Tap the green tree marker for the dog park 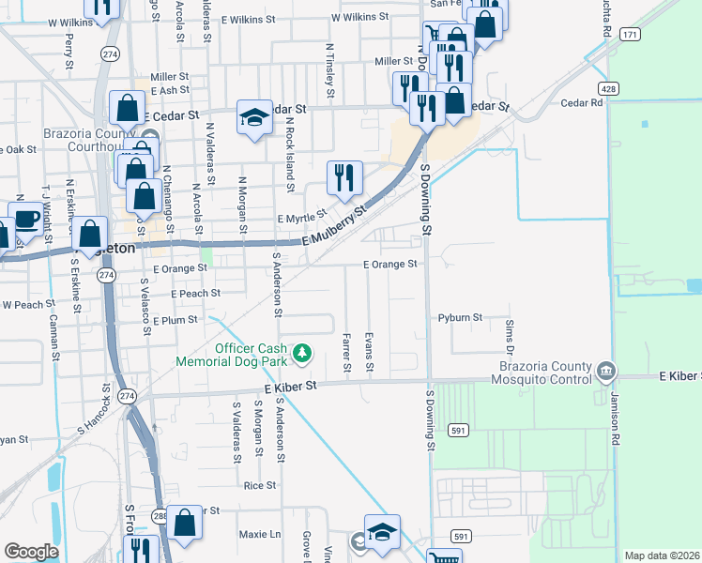pyautogui.click(x=302, y=353)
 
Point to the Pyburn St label pyautogui.click(x=460, y=318)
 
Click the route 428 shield pyautogui.click(x=609, y=88)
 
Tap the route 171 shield pyautogui.click(x=630, y=34)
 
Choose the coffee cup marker pyautogui.click(x=26, y=221)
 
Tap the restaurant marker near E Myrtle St pyautogui.click(x=344, y=176)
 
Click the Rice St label pyautogui.click(x=260, y=485)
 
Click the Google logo pyautogui.click(x=31, y=552)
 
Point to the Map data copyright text pyautogui.click(x=662, y=555)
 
